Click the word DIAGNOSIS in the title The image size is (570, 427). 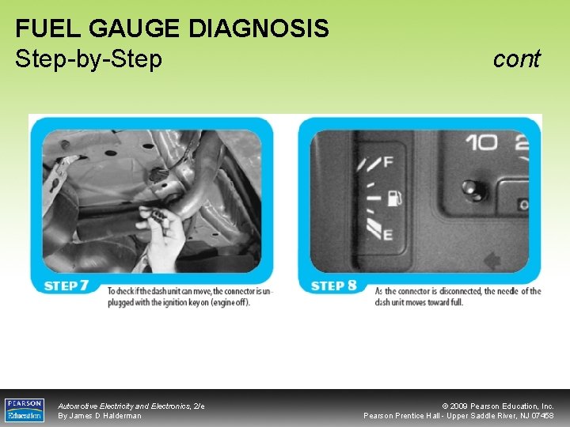pos(259,29)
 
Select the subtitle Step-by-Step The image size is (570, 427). pos(89,59)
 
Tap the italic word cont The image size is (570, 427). pos(516,59)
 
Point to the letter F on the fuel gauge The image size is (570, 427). pos(388,162)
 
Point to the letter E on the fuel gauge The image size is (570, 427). pos(388,234)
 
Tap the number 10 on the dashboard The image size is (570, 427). pos(481,143)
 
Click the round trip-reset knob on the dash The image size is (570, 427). pos(473,190)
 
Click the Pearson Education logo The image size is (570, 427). pos(25,410)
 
